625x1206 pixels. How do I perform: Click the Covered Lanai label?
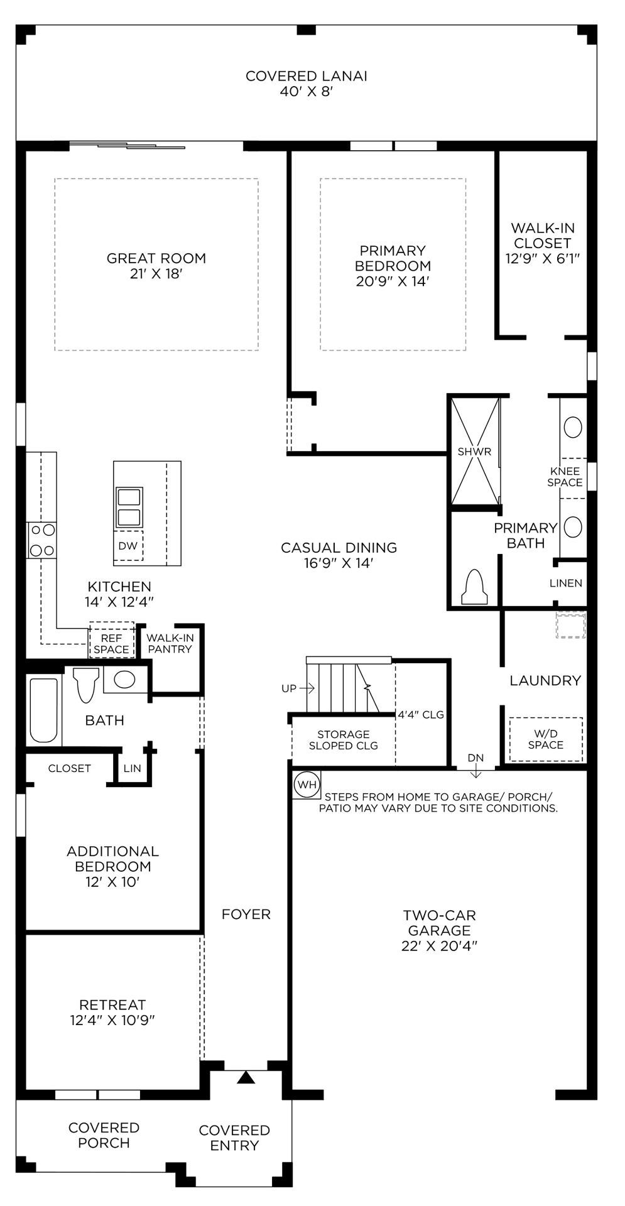click(306, 76)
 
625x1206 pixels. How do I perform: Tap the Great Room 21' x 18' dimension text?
click(156, 274)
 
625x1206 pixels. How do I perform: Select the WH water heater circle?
click(307, 785)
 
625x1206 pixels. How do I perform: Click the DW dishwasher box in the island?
click(128, 546)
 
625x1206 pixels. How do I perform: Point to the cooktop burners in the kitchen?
click(42, 540)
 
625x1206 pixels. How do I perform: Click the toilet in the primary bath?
click(475, 587)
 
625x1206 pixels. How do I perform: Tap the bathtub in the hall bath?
click(43, 710)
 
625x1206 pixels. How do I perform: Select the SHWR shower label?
click(474, 452)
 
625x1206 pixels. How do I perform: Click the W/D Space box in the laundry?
click(545, 739)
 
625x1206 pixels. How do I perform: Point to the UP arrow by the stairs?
click(307, 688)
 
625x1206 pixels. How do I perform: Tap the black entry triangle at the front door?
click(246, 1078)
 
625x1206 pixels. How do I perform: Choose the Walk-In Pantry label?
click(170, 644)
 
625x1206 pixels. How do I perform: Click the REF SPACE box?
click(111, 644)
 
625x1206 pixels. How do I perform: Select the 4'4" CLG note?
click(420, 715)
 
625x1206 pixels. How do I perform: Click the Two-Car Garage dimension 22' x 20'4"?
click(439, 946)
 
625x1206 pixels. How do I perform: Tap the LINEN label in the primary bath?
click(565, 583)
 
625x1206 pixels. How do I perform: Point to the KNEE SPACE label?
click(565, 477)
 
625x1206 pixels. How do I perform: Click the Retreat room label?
click(112, 1004)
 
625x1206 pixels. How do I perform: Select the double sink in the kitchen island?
click(129, 507)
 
